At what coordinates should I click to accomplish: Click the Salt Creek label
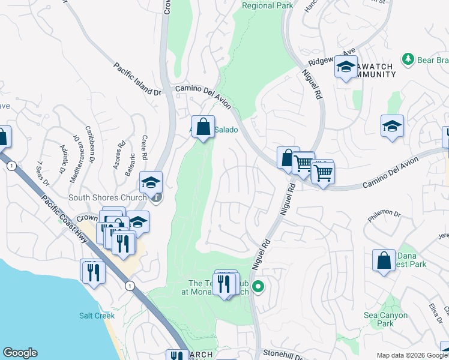tap(92, 315)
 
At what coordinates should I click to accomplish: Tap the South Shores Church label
tap(107, 197)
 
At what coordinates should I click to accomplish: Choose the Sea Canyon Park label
tap(379, 319)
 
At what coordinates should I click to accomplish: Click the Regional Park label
tap(267, 5)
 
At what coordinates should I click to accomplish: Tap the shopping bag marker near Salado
tap(203, 127)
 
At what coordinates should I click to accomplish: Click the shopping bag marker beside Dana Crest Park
tap(384, 260)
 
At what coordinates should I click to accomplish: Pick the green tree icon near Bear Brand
tap(408, 59)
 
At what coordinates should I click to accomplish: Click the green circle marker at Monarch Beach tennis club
tap(259, 287)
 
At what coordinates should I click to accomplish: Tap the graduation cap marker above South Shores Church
tap(151, 181)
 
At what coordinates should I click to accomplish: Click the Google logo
tap(20, 353)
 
